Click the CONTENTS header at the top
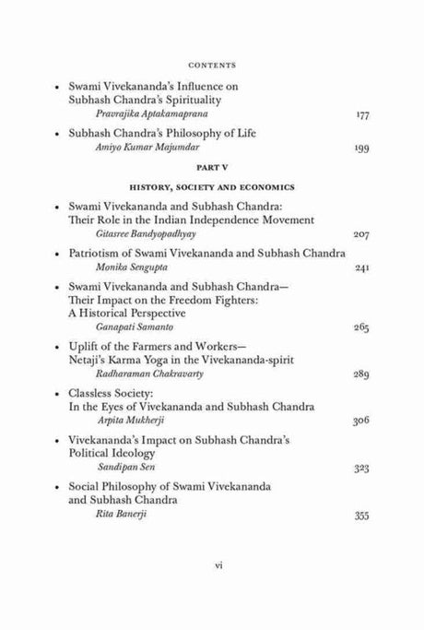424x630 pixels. point(211,65)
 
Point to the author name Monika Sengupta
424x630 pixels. point(117,268)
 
